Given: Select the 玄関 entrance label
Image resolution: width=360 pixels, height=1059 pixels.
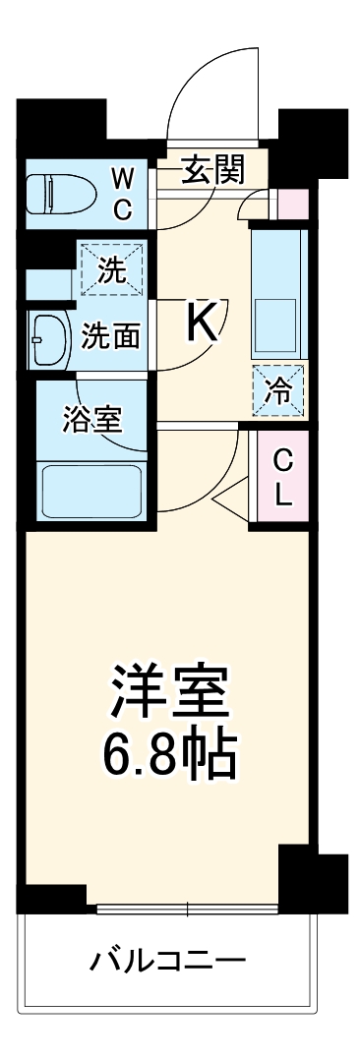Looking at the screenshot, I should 212,171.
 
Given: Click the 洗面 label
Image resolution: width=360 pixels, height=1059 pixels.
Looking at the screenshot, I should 109,337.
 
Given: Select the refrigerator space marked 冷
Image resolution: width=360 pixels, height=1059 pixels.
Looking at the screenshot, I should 279,389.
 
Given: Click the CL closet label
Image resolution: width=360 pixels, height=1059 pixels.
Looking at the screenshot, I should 283,477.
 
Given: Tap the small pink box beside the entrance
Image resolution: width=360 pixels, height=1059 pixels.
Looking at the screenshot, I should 294,205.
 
